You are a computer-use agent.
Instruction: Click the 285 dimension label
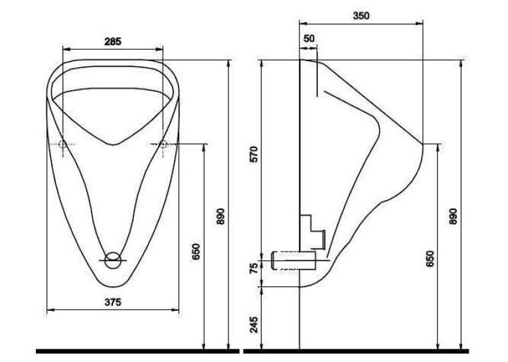pos(113,41)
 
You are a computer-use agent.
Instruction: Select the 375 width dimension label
pos(113,302)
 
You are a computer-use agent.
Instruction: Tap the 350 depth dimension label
pos(361,15)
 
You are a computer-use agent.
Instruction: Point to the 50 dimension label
pos(309,39)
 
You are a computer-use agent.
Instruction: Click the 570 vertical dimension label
pos(254,154)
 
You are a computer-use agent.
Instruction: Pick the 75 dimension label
pos(254,268)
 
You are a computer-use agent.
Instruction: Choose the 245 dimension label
pos(254,324)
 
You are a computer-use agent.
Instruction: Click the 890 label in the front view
pos(220,216)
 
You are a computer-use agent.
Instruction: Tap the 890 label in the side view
pos(453,216)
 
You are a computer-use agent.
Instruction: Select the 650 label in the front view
pos(196,252)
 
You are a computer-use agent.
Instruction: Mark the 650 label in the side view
pos(430,258)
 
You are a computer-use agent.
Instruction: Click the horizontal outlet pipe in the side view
pos(294,260)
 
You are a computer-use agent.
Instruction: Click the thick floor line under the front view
pos(137,351)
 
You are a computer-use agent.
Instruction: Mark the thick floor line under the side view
pos(356,351)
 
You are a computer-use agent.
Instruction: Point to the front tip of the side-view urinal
pos(423,144)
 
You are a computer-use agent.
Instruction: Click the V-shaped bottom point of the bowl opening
pos(113,144)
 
